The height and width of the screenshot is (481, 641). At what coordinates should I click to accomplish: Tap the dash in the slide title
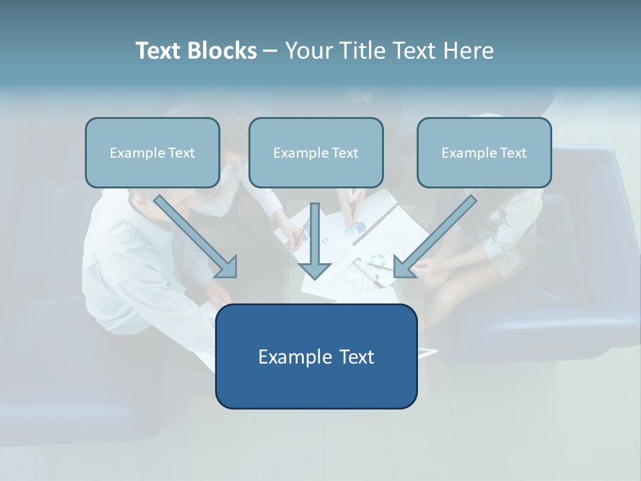(x=270, y=51)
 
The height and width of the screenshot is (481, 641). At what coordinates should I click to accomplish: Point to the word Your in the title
(x=308, y=51)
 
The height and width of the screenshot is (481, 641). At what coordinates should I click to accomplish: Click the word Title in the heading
(x=361, y=51)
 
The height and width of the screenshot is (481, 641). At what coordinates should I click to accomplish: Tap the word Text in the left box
(x=181, y=153)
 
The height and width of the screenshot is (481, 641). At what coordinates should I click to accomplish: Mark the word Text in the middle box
(x=345, y=153)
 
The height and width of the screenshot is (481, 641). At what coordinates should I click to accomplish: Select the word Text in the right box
(x=513, y=153)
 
